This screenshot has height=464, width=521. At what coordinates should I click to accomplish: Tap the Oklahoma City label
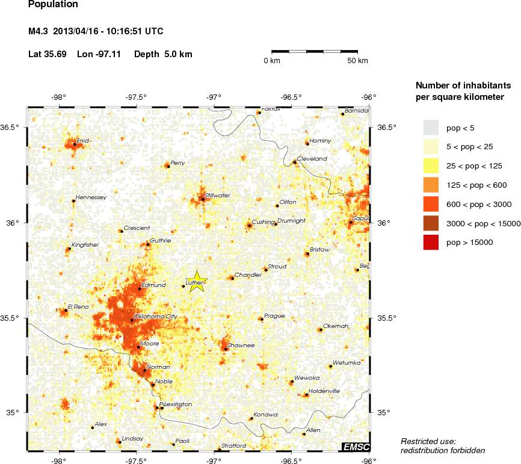[155, 316]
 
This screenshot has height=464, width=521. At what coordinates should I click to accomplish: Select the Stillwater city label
[217, 196]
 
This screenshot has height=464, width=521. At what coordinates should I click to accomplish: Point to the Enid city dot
[75, 144]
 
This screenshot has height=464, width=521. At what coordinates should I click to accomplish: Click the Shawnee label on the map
[241, 345]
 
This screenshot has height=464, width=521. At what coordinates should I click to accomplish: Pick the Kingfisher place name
[85, 245]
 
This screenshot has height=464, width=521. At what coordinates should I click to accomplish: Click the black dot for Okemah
[321, 330]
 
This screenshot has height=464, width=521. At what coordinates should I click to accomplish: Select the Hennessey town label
[90, 197]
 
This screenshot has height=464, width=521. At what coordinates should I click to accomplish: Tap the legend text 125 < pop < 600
[476, 185]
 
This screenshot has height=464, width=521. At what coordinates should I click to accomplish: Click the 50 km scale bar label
[358, 61]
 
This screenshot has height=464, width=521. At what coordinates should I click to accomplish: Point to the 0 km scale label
[272, 61]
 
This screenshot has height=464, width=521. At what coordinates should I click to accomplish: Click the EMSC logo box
[356, 447]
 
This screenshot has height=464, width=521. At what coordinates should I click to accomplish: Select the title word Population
[53, 5]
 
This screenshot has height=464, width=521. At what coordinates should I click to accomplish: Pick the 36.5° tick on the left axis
[13, 128]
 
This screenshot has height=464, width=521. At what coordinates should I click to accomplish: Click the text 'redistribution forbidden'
[443, 450]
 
